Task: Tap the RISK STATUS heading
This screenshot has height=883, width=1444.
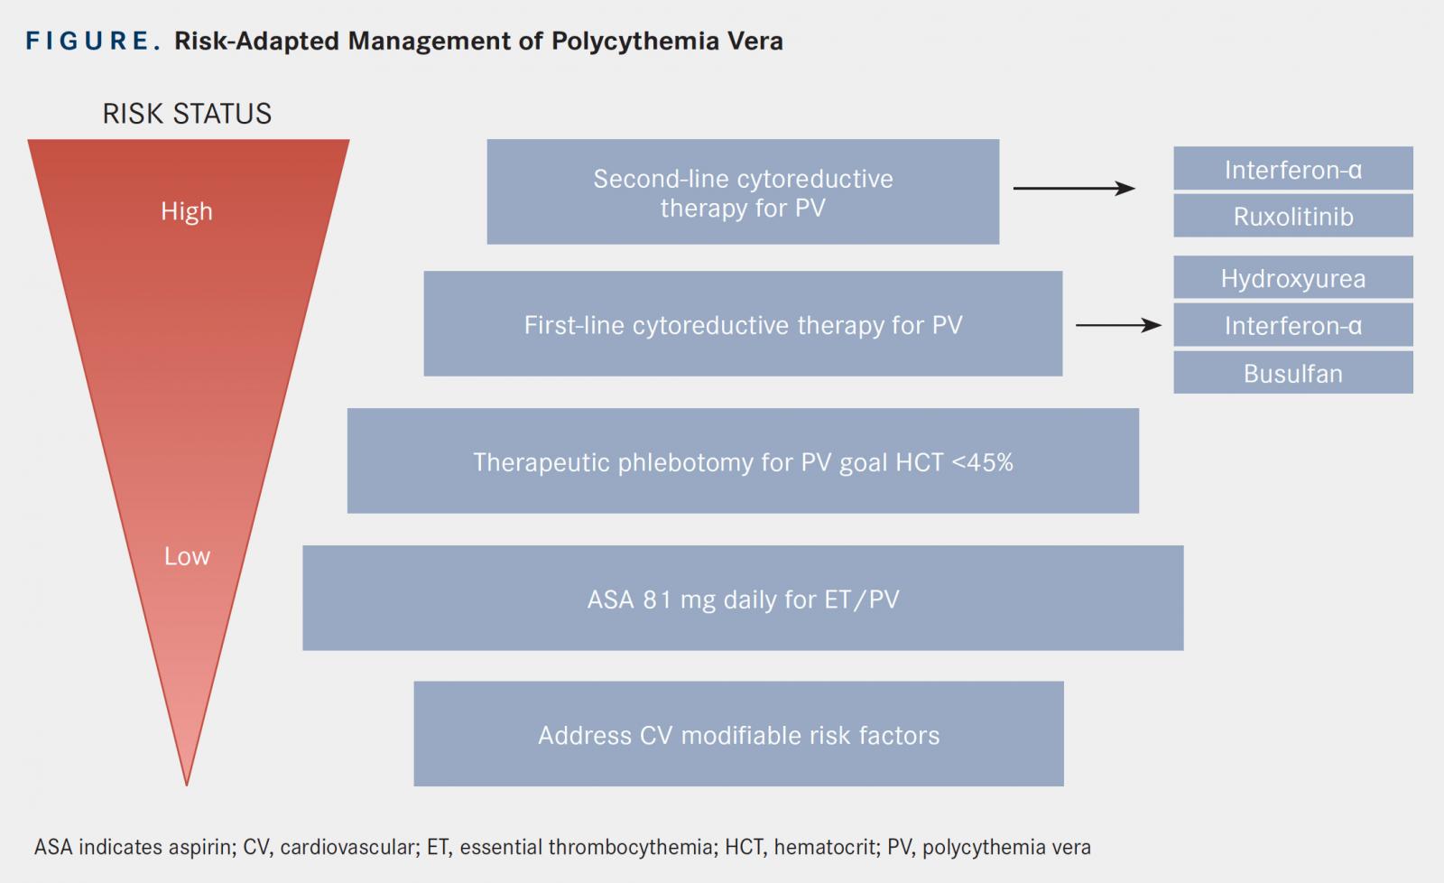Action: (187, 114)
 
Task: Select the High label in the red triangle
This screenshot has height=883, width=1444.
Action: (186, 211)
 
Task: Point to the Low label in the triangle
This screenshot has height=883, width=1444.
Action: (187, 556)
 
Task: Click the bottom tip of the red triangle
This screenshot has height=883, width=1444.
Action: (186, 785)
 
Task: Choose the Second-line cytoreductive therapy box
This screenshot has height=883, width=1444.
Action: (743, 191)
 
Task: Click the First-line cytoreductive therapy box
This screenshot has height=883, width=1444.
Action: (743, 323)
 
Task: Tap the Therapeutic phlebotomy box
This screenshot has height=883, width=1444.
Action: (743, 460)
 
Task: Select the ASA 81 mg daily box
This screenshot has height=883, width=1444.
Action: (743, 598)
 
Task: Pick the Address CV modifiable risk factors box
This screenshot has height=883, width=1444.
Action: (739, 733)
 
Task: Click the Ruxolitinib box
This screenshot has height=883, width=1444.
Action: (1293, 216)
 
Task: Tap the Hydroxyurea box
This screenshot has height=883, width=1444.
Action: (1293, 277)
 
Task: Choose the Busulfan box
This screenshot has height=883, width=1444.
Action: (1293, 372)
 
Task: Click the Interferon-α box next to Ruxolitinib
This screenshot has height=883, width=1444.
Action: (1293, 168)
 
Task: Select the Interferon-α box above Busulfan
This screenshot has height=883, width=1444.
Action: (1293, 325)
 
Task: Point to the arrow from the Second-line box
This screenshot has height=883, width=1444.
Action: (1074, 189)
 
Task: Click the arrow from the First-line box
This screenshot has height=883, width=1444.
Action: (1118, 325)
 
